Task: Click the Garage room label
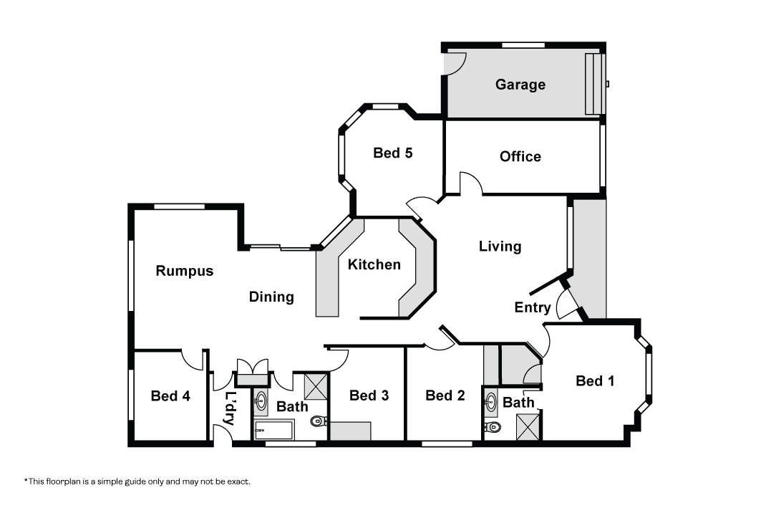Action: (520, 85)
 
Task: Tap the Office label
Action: (520, 156)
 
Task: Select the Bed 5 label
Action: (392, 153)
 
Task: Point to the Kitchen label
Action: (374, 264)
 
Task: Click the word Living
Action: (500, 246)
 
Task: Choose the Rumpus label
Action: (185, 271)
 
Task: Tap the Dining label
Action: (271, 297)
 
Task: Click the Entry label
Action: (533, 308)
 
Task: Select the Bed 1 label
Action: (595, 380)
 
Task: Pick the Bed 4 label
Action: (170, 396)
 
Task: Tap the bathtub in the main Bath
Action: (273, 431)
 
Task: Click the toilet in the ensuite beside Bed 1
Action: (492, 427)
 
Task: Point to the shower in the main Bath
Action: (316, 387)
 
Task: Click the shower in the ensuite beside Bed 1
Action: (528, 426)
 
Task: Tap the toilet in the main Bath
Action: (319, 421)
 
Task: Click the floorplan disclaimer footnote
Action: (137, 481)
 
